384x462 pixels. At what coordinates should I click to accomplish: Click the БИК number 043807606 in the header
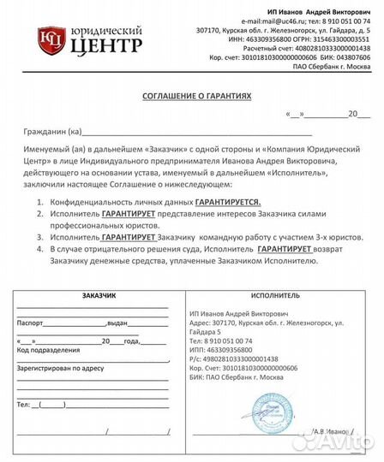point(354,57)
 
